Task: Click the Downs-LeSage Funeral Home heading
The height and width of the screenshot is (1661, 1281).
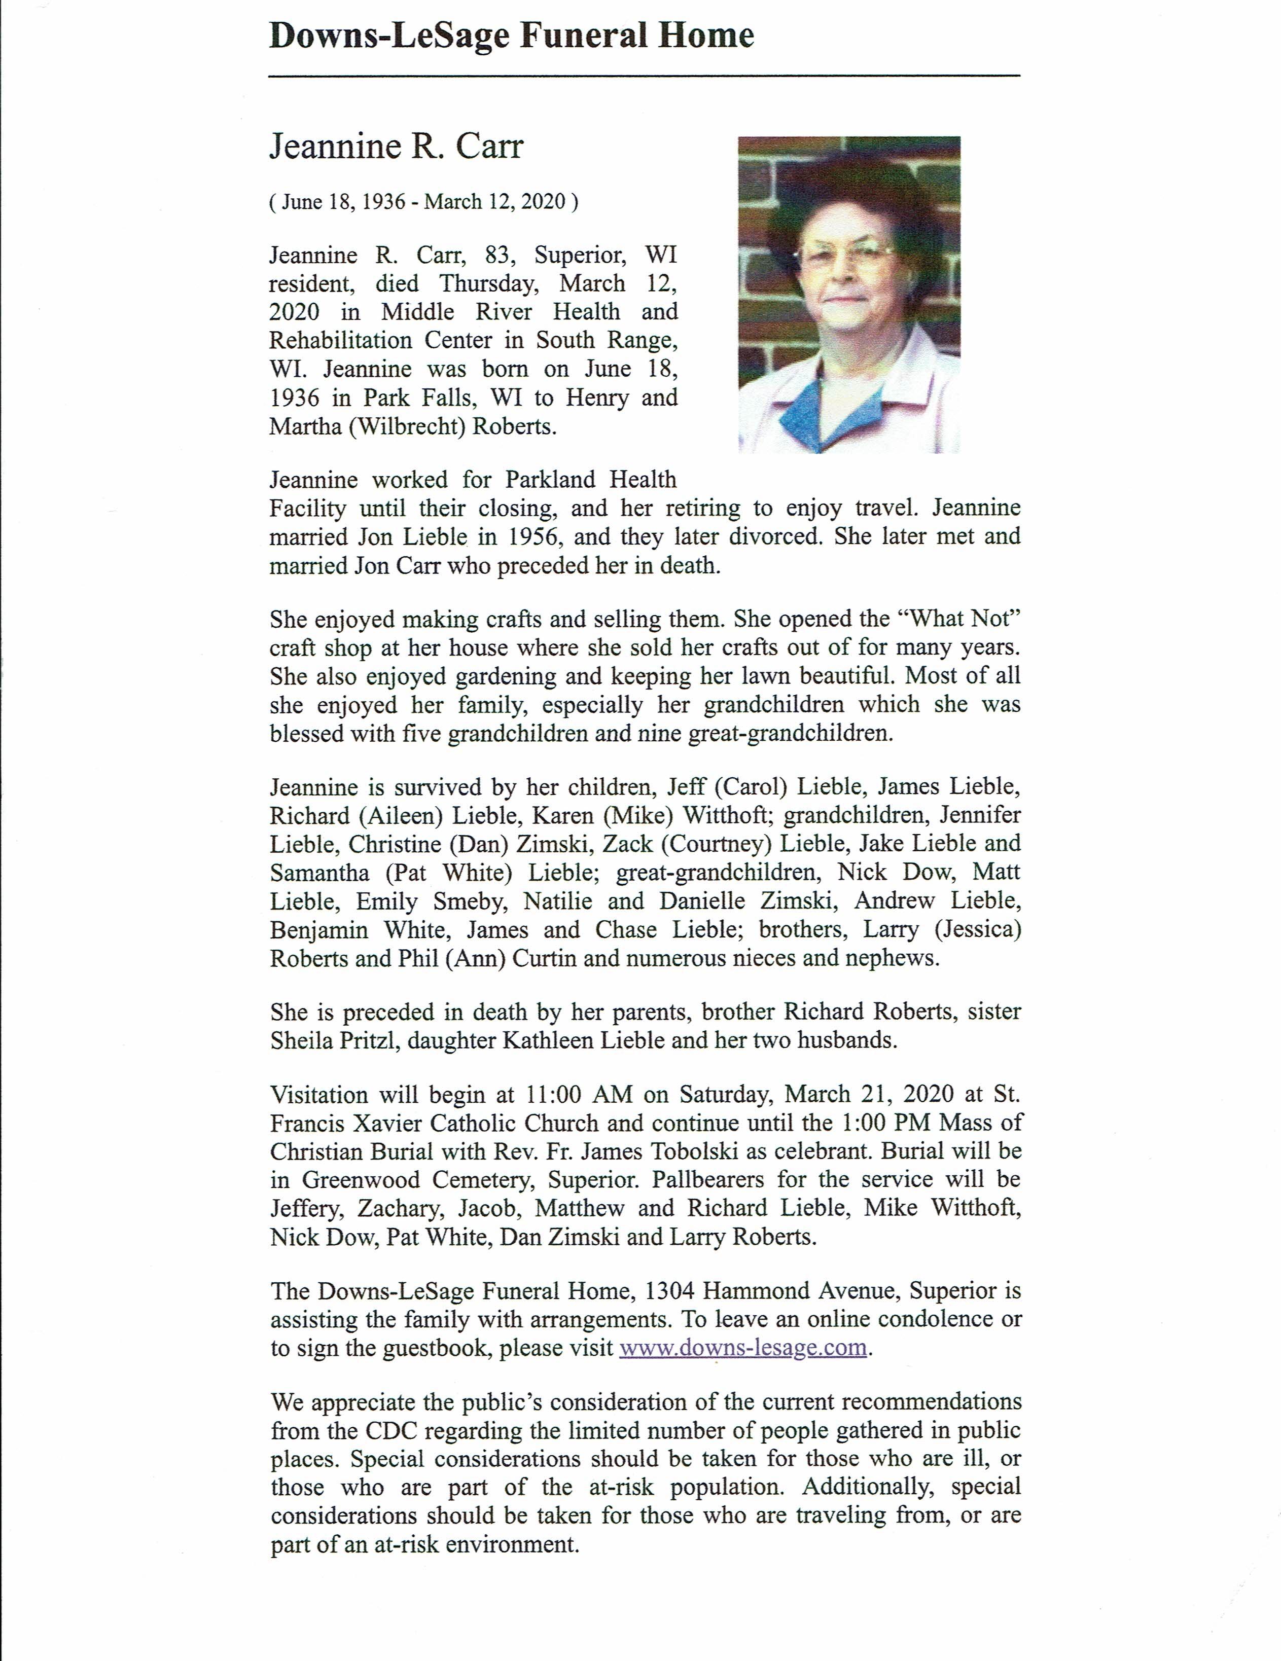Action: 511,35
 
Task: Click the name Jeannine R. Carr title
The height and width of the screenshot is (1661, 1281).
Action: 397,146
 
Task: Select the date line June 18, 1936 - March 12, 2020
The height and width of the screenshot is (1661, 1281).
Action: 424,202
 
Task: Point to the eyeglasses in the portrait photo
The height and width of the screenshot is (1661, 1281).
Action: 844,254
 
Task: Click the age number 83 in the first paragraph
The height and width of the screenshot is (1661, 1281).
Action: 497,255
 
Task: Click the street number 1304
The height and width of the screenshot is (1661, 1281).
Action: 669,1291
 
